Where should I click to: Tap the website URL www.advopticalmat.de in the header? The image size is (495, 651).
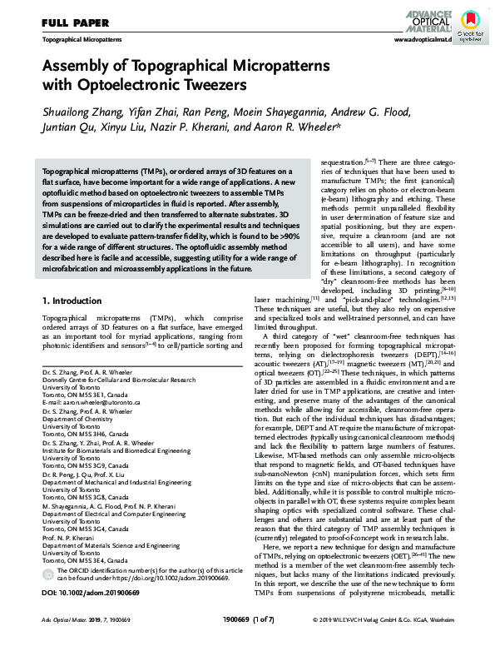422,39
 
